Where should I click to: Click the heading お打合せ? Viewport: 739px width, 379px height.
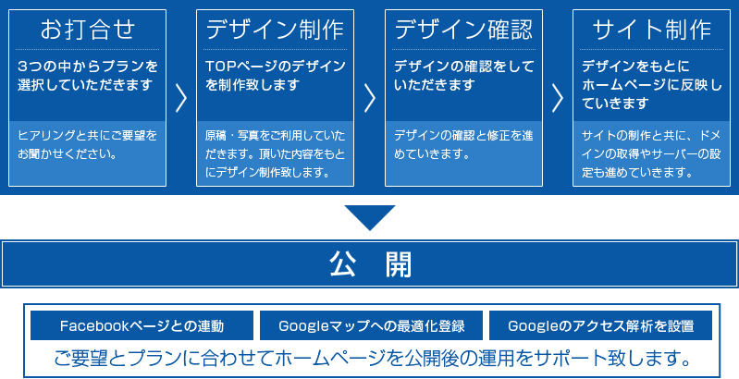tap(87, 30)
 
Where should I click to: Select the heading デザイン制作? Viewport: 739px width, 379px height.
tap(275, 30)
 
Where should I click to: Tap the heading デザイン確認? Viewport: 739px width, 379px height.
tap(463, 30)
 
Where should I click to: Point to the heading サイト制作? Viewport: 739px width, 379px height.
tap(651, 30)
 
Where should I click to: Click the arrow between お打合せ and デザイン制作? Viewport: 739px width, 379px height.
tap(181, 98)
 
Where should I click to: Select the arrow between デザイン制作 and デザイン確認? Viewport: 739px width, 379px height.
tap(370, 98)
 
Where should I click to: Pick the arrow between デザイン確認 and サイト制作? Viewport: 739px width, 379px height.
tap(558, 98)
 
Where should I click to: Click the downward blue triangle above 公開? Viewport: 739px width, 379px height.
tap(370, 217)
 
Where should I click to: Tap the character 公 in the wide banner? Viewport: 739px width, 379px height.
tap(343, 264)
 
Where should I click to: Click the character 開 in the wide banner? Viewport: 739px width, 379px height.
tap(399, 264)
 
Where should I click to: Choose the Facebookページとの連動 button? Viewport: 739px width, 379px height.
tap(142, 325)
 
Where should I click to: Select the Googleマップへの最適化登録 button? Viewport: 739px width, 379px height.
tap(372, 325)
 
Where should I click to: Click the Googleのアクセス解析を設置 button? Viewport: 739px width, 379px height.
tap(600, 325)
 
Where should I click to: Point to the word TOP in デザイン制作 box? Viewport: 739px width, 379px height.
tap(220, 67)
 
